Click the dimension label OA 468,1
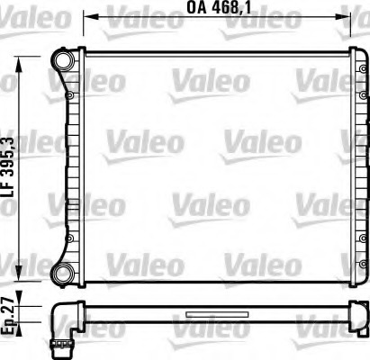coord(219,8)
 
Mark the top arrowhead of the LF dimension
coord(19,63)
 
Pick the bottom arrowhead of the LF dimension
coord(19,274)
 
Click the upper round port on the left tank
coord(64,59)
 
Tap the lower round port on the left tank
coord(64,274)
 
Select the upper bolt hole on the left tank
coord(70,95)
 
